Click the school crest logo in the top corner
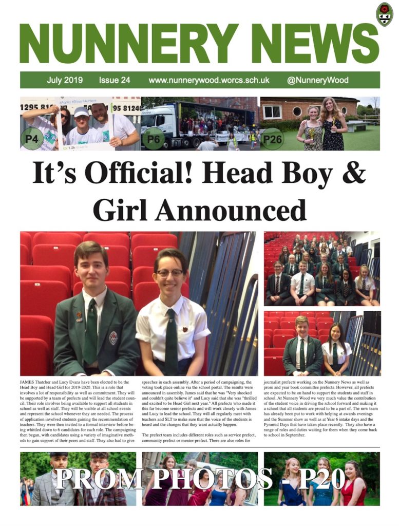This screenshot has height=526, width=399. tap(384, 14)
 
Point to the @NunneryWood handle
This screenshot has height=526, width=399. tap(318, 80)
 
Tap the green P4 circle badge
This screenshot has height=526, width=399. tap(32, 138)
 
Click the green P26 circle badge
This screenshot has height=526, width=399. tap(272, 139)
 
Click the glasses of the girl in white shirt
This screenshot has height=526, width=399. tap(170, 273)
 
